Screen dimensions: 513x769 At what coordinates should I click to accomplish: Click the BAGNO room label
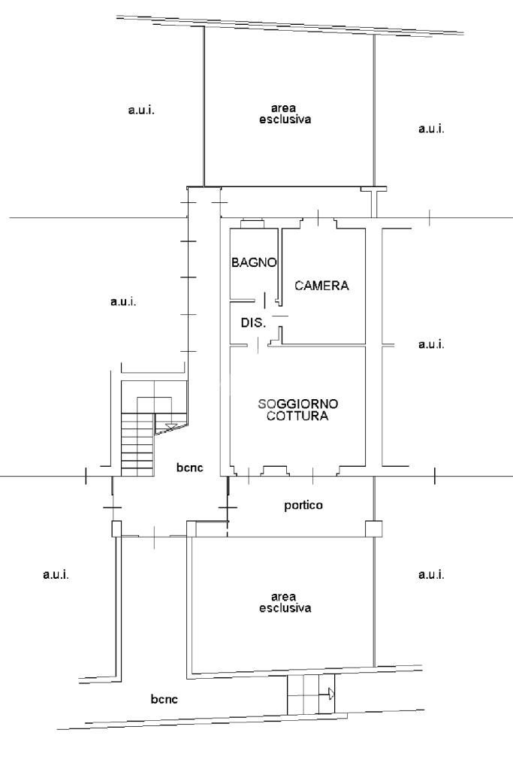click(254, 262)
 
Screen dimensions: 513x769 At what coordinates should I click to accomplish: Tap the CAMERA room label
click(321, 286)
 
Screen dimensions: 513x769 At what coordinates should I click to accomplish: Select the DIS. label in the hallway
click(253, 322)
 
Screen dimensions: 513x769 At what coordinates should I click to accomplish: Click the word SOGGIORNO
click(298, 404)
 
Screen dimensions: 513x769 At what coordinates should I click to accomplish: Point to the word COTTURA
click(297, 416)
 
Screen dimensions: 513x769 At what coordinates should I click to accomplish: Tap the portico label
click(303, 505)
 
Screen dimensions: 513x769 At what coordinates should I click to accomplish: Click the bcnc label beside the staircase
click(189, 468)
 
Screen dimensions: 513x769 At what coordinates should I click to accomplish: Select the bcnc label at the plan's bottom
click(164, 699)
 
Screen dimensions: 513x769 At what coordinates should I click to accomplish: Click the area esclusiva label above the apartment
click(285, 114)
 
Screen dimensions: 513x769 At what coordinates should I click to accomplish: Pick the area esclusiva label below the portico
click(285, 602)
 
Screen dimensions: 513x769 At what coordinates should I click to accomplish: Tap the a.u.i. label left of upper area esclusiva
click(141, 110)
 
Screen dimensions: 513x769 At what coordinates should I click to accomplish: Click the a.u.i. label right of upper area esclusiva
click(431, 129)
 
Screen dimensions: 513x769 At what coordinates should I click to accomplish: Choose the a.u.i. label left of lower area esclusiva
click(56, 574)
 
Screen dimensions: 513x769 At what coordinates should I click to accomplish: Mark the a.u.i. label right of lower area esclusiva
click(431, 574)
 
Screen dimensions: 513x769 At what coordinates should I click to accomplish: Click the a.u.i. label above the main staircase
click(123, 301)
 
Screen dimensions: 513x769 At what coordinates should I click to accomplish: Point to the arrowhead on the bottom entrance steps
click(332, 694)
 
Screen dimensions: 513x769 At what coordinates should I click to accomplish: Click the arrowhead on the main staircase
click(171, 425)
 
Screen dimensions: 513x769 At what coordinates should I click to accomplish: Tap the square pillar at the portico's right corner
click(374, 528)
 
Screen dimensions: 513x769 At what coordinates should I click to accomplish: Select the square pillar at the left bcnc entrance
click(116, 528)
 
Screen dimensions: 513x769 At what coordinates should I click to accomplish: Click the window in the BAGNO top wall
click(252, 224)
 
